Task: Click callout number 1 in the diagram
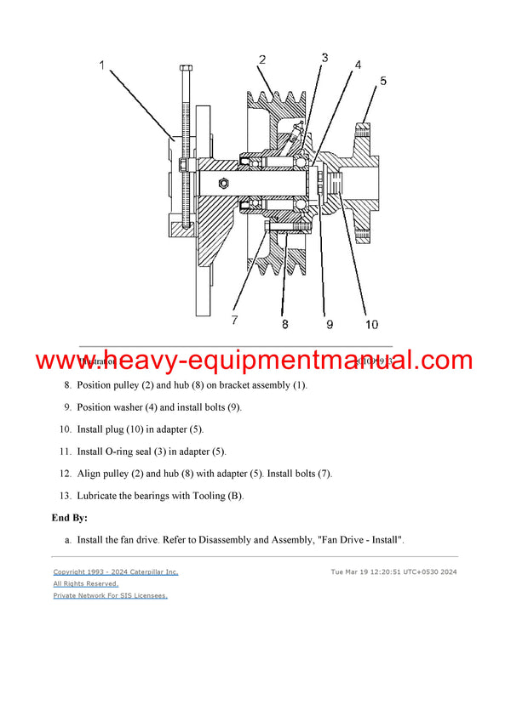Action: [x=103, y=65]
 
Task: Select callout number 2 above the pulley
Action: [x=262, y=60]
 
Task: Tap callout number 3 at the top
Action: [x=324, y=58]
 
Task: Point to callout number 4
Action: [x=358, y=65]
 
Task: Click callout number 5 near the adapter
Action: [x=383, y=81]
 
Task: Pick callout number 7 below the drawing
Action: [x=234, y=321]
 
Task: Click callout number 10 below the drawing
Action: [x=372, y=324]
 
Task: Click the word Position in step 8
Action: [x=95, y=385]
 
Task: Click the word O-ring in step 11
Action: [x=127, y=452]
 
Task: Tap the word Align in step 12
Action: [x=90, y=474]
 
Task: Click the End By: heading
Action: [x=70, y=517]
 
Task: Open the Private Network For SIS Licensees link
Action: [x=110, y=595]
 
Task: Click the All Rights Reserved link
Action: [x=85, y=584]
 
